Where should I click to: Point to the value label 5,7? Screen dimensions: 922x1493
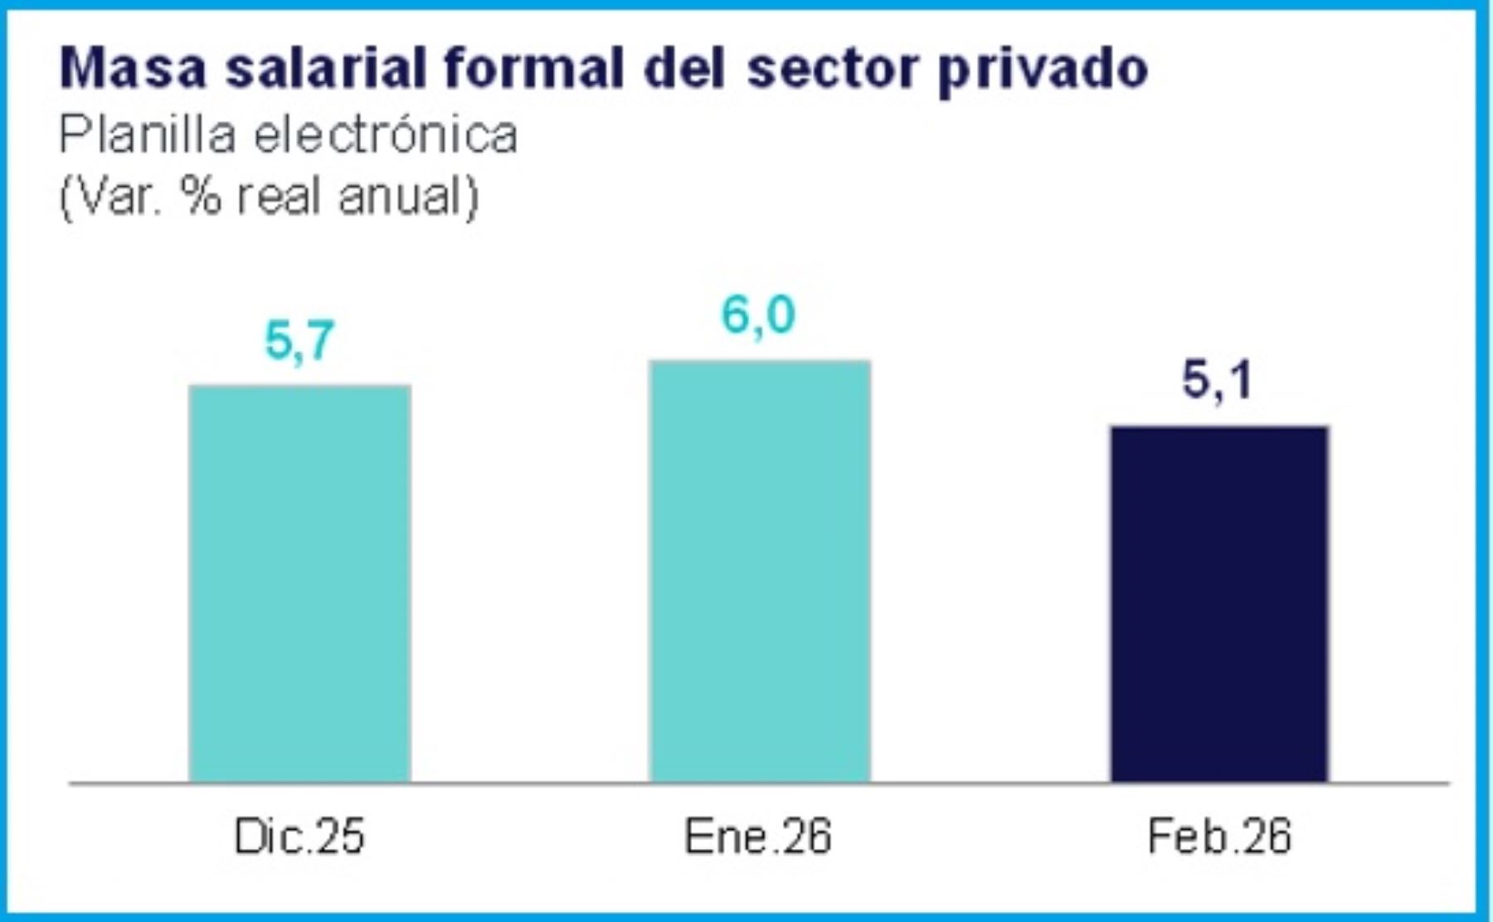[299, 340]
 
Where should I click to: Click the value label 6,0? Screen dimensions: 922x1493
[758, 315]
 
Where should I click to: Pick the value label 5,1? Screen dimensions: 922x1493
[1217, 381]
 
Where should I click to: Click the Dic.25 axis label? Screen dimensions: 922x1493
[299, 837]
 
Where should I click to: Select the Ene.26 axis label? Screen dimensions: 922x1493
[757, 837]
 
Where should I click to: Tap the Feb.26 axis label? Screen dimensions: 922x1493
[1219, 837]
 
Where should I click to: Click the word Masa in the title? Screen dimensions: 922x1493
[133, 68]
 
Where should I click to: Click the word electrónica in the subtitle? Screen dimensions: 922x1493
[386, 134]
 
